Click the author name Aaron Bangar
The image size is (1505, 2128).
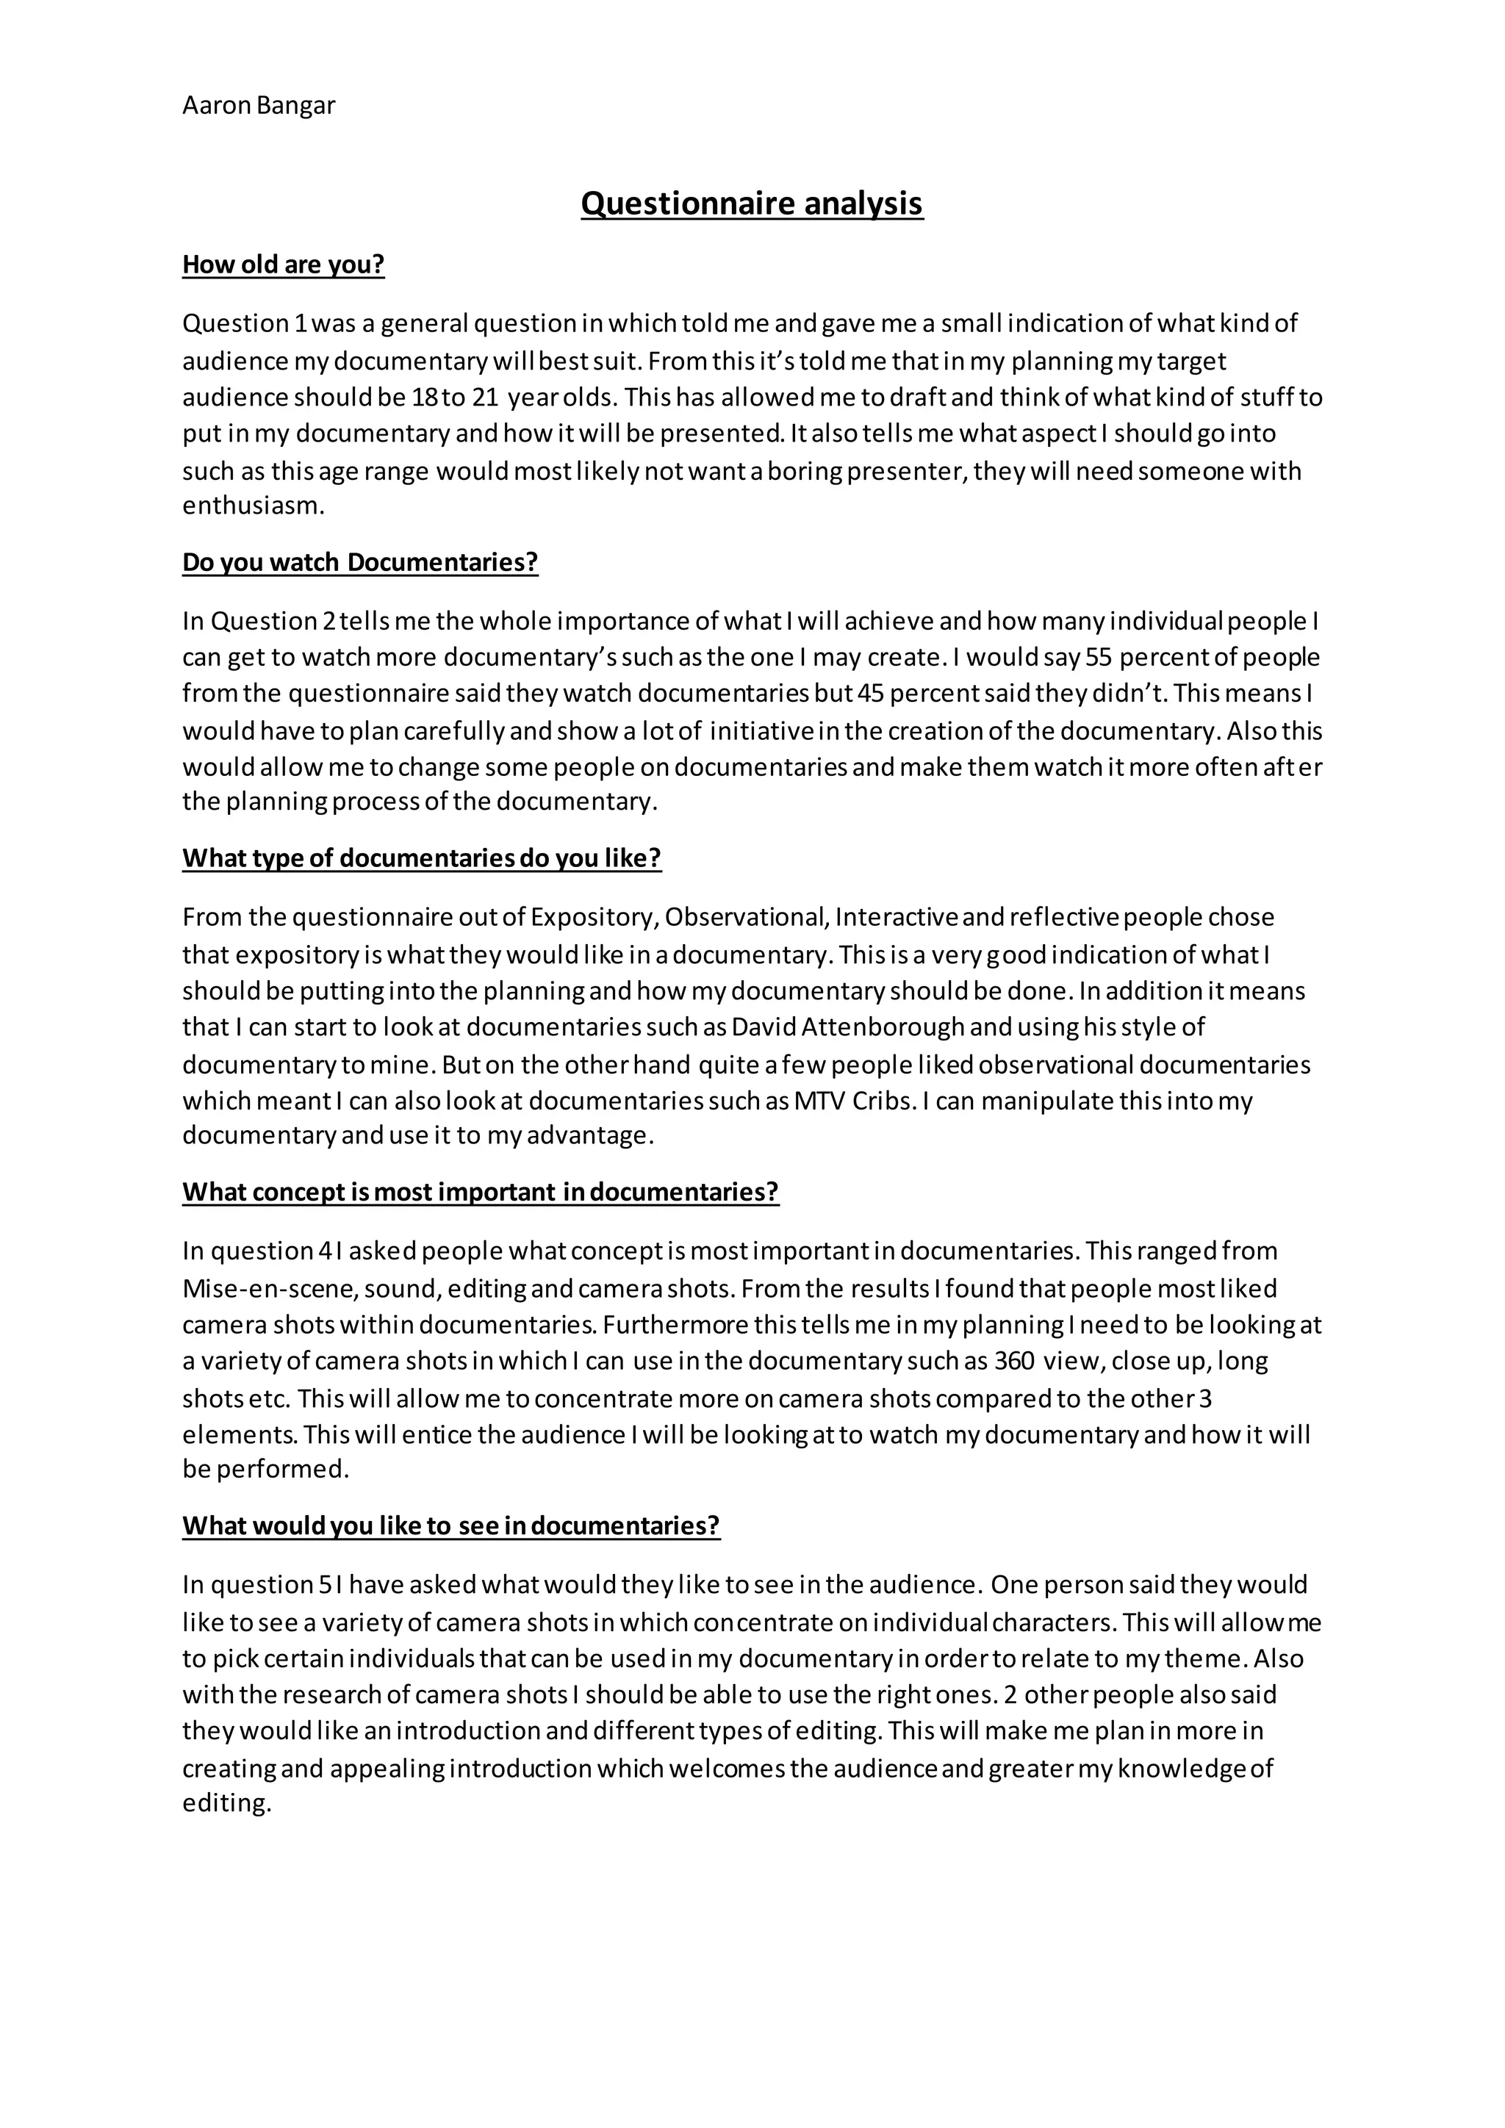pos(259,106)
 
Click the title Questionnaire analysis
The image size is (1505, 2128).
pos(752,203)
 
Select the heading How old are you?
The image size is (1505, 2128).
pos(283,265)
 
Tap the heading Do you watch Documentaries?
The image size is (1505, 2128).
pos(359,563)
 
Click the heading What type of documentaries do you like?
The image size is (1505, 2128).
pos(422,858)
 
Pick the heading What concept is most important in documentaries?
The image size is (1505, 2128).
pos(480,1192)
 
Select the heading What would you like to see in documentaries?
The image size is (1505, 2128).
pos(450,1525)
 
